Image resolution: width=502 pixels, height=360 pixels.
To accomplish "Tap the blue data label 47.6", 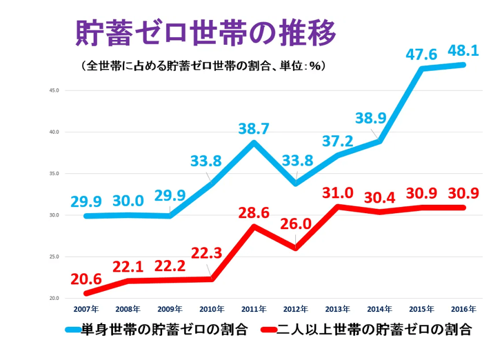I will [421, 54].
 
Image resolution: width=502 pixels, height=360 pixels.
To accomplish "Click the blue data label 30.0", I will [128, 201].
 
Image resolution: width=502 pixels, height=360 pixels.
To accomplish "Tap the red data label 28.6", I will [253, 211].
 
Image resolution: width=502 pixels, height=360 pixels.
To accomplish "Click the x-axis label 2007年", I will [86, 308].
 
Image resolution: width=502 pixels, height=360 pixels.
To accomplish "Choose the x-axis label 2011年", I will [254, 308].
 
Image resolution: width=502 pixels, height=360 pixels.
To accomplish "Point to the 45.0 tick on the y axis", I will [53, 90].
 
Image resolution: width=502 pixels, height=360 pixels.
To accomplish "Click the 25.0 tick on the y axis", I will [53, 257].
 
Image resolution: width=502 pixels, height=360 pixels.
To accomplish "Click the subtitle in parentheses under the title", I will [203, 67].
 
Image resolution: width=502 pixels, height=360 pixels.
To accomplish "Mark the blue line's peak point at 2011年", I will [254, 143].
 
